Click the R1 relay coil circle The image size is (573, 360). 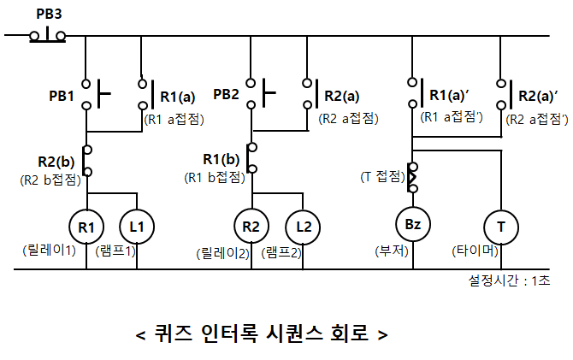pos(86,227)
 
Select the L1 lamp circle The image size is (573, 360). pos(137,227)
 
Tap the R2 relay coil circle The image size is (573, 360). pos(251,227)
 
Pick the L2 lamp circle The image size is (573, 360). pos(303,227)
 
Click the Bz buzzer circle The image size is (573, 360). pos(411,225)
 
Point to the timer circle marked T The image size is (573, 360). pos(499,227)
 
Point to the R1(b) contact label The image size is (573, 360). pos(221,159)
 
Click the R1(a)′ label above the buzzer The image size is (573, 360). pos(453,96)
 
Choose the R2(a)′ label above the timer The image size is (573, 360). pos(538,96)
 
